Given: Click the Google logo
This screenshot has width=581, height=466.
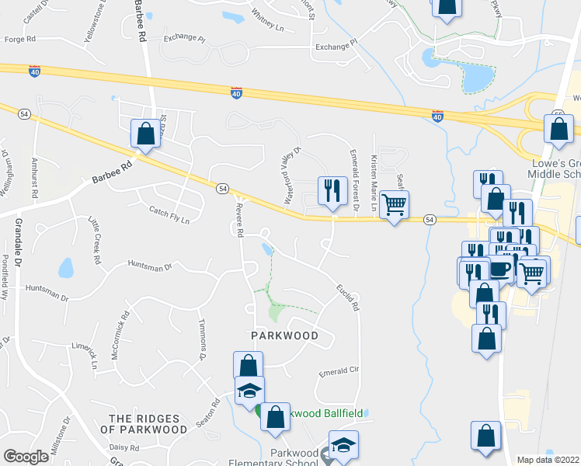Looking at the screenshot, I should click(x=26, y=457).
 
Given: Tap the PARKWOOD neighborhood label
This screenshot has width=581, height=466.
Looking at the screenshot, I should click(x=285, y=336).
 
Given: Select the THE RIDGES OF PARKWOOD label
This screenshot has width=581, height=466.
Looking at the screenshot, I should click(x=148, y=423).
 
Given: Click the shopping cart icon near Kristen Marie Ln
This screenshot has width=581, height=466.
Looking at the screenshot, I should click(x=395, y=204).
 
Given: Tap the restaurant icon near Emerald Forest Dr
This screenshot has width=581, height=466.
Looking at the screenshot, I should click(x=333, y=190).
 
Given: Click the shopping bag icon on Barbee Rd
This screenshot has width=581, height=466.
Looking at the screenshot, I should click(x=145, y=134).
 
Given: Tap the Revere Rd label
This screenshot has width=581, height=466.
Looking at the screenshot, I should click(x=240, y=218).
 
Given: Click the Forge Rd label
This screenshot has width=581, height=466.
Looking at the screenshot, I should click(x=20, y=38).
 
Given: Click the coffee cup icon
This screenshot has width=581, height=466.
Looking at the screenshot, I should click(x=501, y=270).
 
